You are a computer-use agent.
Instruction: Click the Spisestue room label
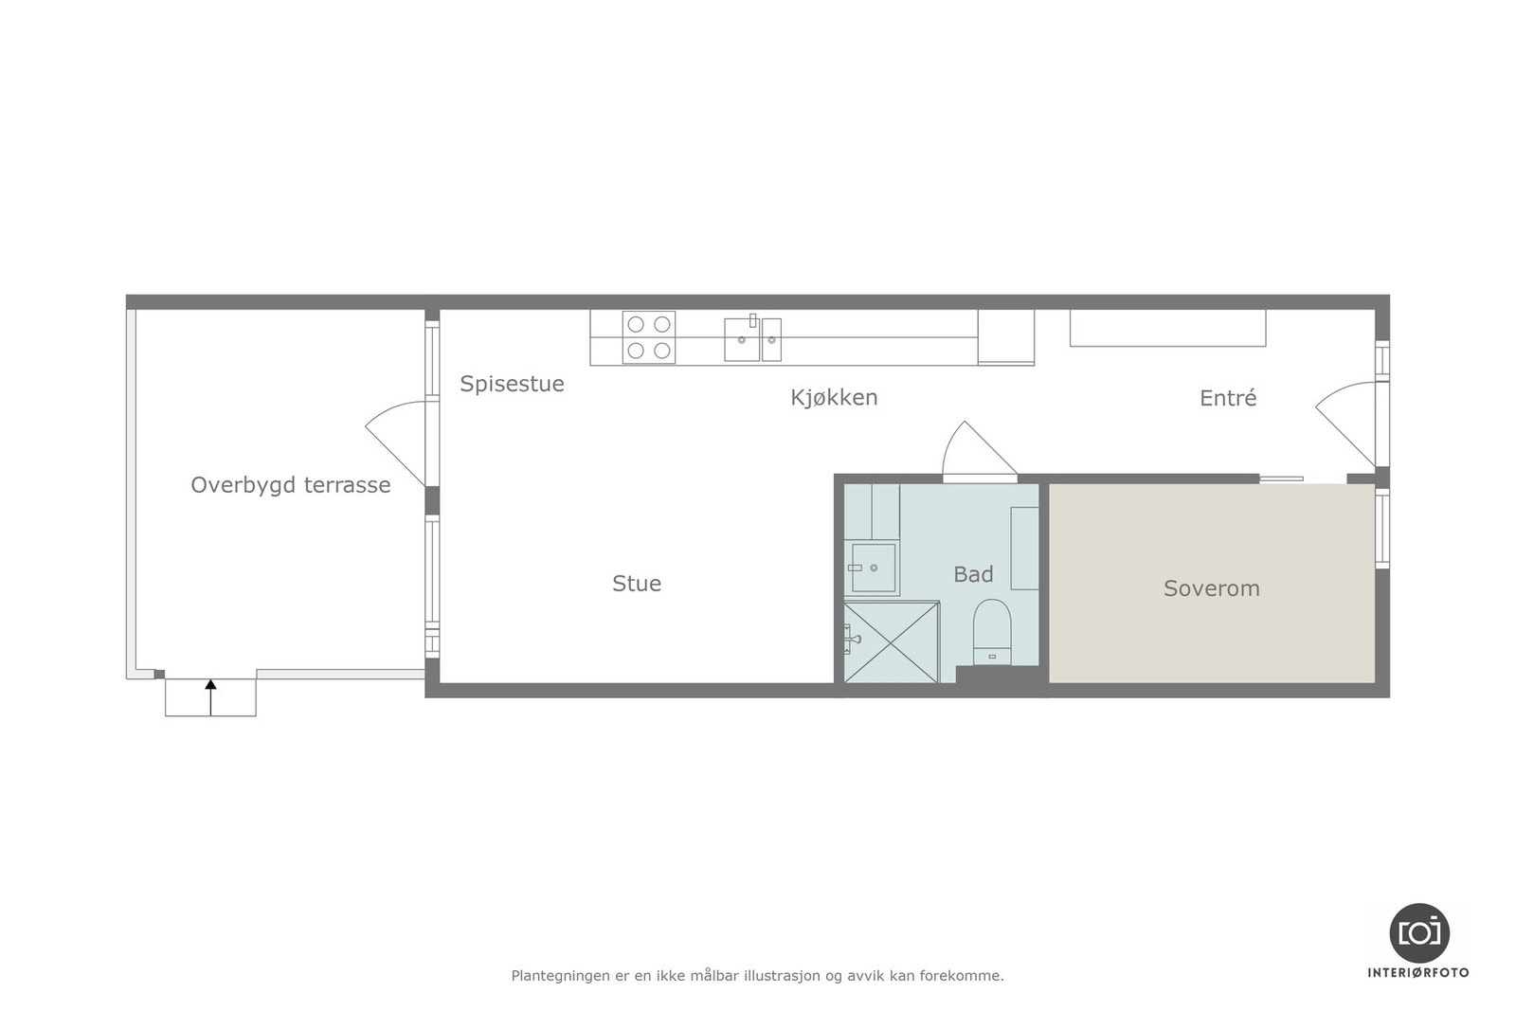pyautogui.click(x=512, y=384)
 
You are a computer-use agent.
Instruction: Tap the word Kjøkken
pyautogui.click(x=834, y=398)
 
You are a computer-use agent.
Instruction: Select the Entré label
pyautogui.click(x=1228, y=398)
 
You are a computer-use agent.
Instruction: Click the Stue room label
pyautogui.click(x=637, y=584)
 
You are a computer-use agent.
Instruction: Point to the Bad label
pyautogui.click(x=973, y=574)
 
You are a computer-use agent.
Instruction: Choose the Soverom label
pyautogui.click(x=1211, y=588)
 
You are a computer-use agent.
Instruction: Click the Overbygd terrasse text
pyautogui.click(x=290, y=485)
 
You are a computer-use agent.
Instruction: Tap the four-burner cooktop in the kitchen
pyautogui.click(x=649, y=337)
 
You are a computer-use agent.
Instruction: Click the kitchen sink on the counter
pyautogui.click(x=743, y=339)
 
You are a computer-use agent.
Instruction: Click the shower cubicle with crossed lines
pyautogui.click(x=891, y=641)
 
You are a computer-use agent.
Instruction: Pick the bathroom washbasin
pyautogui.click(x=873, y=568)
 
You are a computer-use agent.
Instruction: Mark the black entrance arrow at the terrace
pyautogui.click(x=210, y=695)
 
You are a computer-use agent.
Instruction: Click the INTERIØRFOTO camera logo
pyautogui.click(x=1418, y=933)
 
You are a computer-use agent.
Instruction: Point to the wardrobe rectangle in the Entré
pyautogui.click(x=1167, y=328)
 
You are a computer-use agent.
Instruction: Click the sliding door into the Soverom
pyautogui.click(x=1281, y=478)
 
